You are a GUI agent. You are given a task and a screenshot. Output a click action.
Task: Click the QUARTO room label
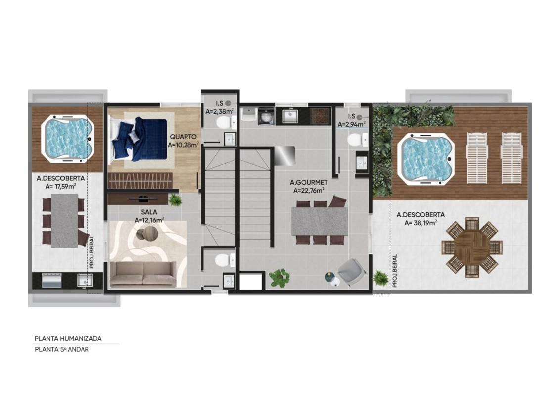[x=183, y=137]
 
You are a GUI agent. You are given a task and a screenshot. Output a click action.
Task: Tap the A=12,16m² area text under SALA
[x=149, y=220]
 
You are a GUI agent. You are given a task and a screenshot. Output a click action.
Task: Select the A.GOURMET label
[x=309, y=182]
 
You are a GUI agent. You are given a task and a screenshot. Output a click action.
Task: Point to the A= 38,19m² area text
[x=420, y=223]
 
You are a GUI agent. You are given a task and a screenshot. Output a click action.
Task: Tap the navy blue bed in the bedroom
[x=140, y=139]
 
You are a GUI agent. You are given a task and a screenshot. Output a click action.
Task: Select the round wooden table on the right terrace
[x=472, y=247]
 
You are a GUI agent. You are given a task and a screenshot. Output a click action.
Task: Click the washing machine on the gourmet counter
[x=266, y=116]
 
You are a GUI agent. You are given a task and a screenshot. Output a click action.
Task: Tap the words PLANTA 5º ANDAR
[x=61, y=349]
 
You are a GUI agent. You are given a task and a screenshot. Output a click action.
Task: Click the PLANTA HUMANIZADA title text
[x=68, y=338]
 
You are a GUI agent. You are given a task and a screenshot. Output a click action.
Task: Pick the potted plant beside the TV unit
[x=175, y=200]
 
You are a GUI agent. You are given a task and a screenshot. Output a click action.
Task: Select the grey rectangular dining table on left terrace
[x=64, y=220]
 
